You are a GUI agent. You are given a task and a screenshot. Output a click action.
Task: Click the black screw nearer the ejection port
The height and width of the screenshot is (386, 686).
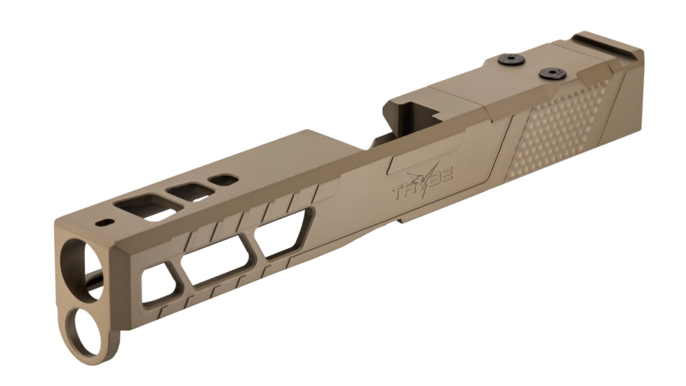pos(511,60)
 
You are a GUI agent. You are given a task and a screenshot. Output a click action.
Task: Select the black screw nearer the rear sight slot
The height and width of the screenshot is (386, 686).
pos(552,73)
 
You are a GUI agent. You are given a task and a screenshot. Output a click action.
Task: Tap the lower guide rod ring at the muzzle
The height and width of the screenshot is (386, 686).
pos(86,331)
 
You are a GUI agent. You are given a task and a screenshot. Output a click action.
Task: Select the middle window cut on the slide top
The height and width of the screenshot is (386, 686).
pos(190,192)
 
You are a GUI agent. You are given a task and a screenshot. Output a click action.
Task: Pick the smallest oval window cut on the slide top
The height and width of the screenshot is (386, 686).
pos(223,180)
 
